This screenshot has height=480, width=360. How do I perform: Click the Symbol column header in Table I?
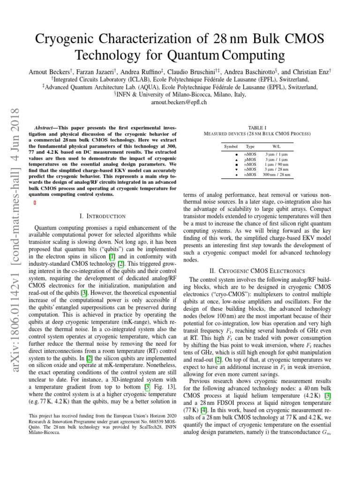pos(231,146)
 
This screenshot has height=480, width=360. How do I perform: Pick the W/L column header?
pos(277,146)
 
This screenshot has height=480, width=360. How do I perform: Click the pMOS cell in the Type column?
pos(250,159)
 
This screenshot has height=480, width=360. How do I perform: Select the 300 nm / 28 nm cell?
pos(277,174)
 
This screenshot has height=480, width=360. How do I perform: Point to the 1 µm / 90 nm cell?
pos(277,165)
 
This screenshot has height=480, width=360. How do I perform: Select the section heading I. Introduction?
pos(103,216)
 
